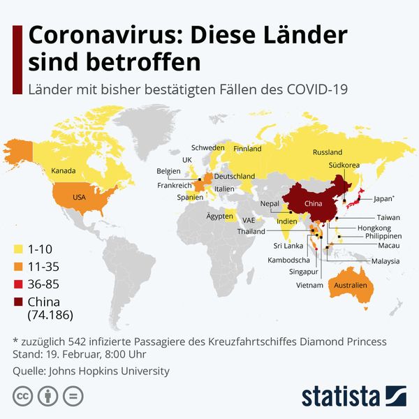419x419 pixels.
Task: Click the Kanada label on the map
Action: pyautogui.click(x=64, y=171)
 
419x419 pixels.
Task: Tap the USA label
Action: pyautogui.click(x=79, y=198)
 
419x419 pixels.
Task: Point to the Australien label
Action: pyautogui.click(x=351, y=286)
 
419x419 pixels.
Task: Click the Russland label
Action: pyautogui.click(x=328, y=152)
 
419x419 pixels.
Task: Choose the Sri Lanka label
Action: pyautogui.click(x=287, y=246)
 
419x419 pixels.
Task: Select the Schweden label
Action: pyautogui.click(x=207, y=148)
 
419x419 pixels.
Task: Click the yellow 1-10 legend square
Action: pyautogui.click(x=19, y=249)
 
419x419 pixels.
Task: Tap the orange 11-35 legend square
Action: pyautogui.click(x=19, y=267)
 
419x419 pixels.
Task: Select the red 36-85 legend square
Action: pyautogui.click(x=19, y=284)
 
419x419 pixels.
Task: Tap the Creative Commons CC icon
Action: pyautogui.click(x=22, y=396)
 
